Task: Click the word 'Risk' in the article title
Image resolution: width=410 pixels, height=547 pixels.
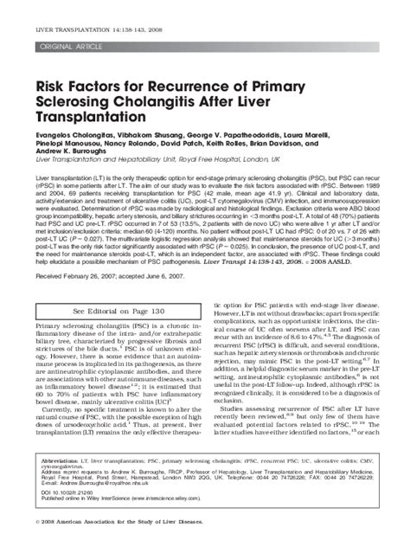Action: click(49, 85)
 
